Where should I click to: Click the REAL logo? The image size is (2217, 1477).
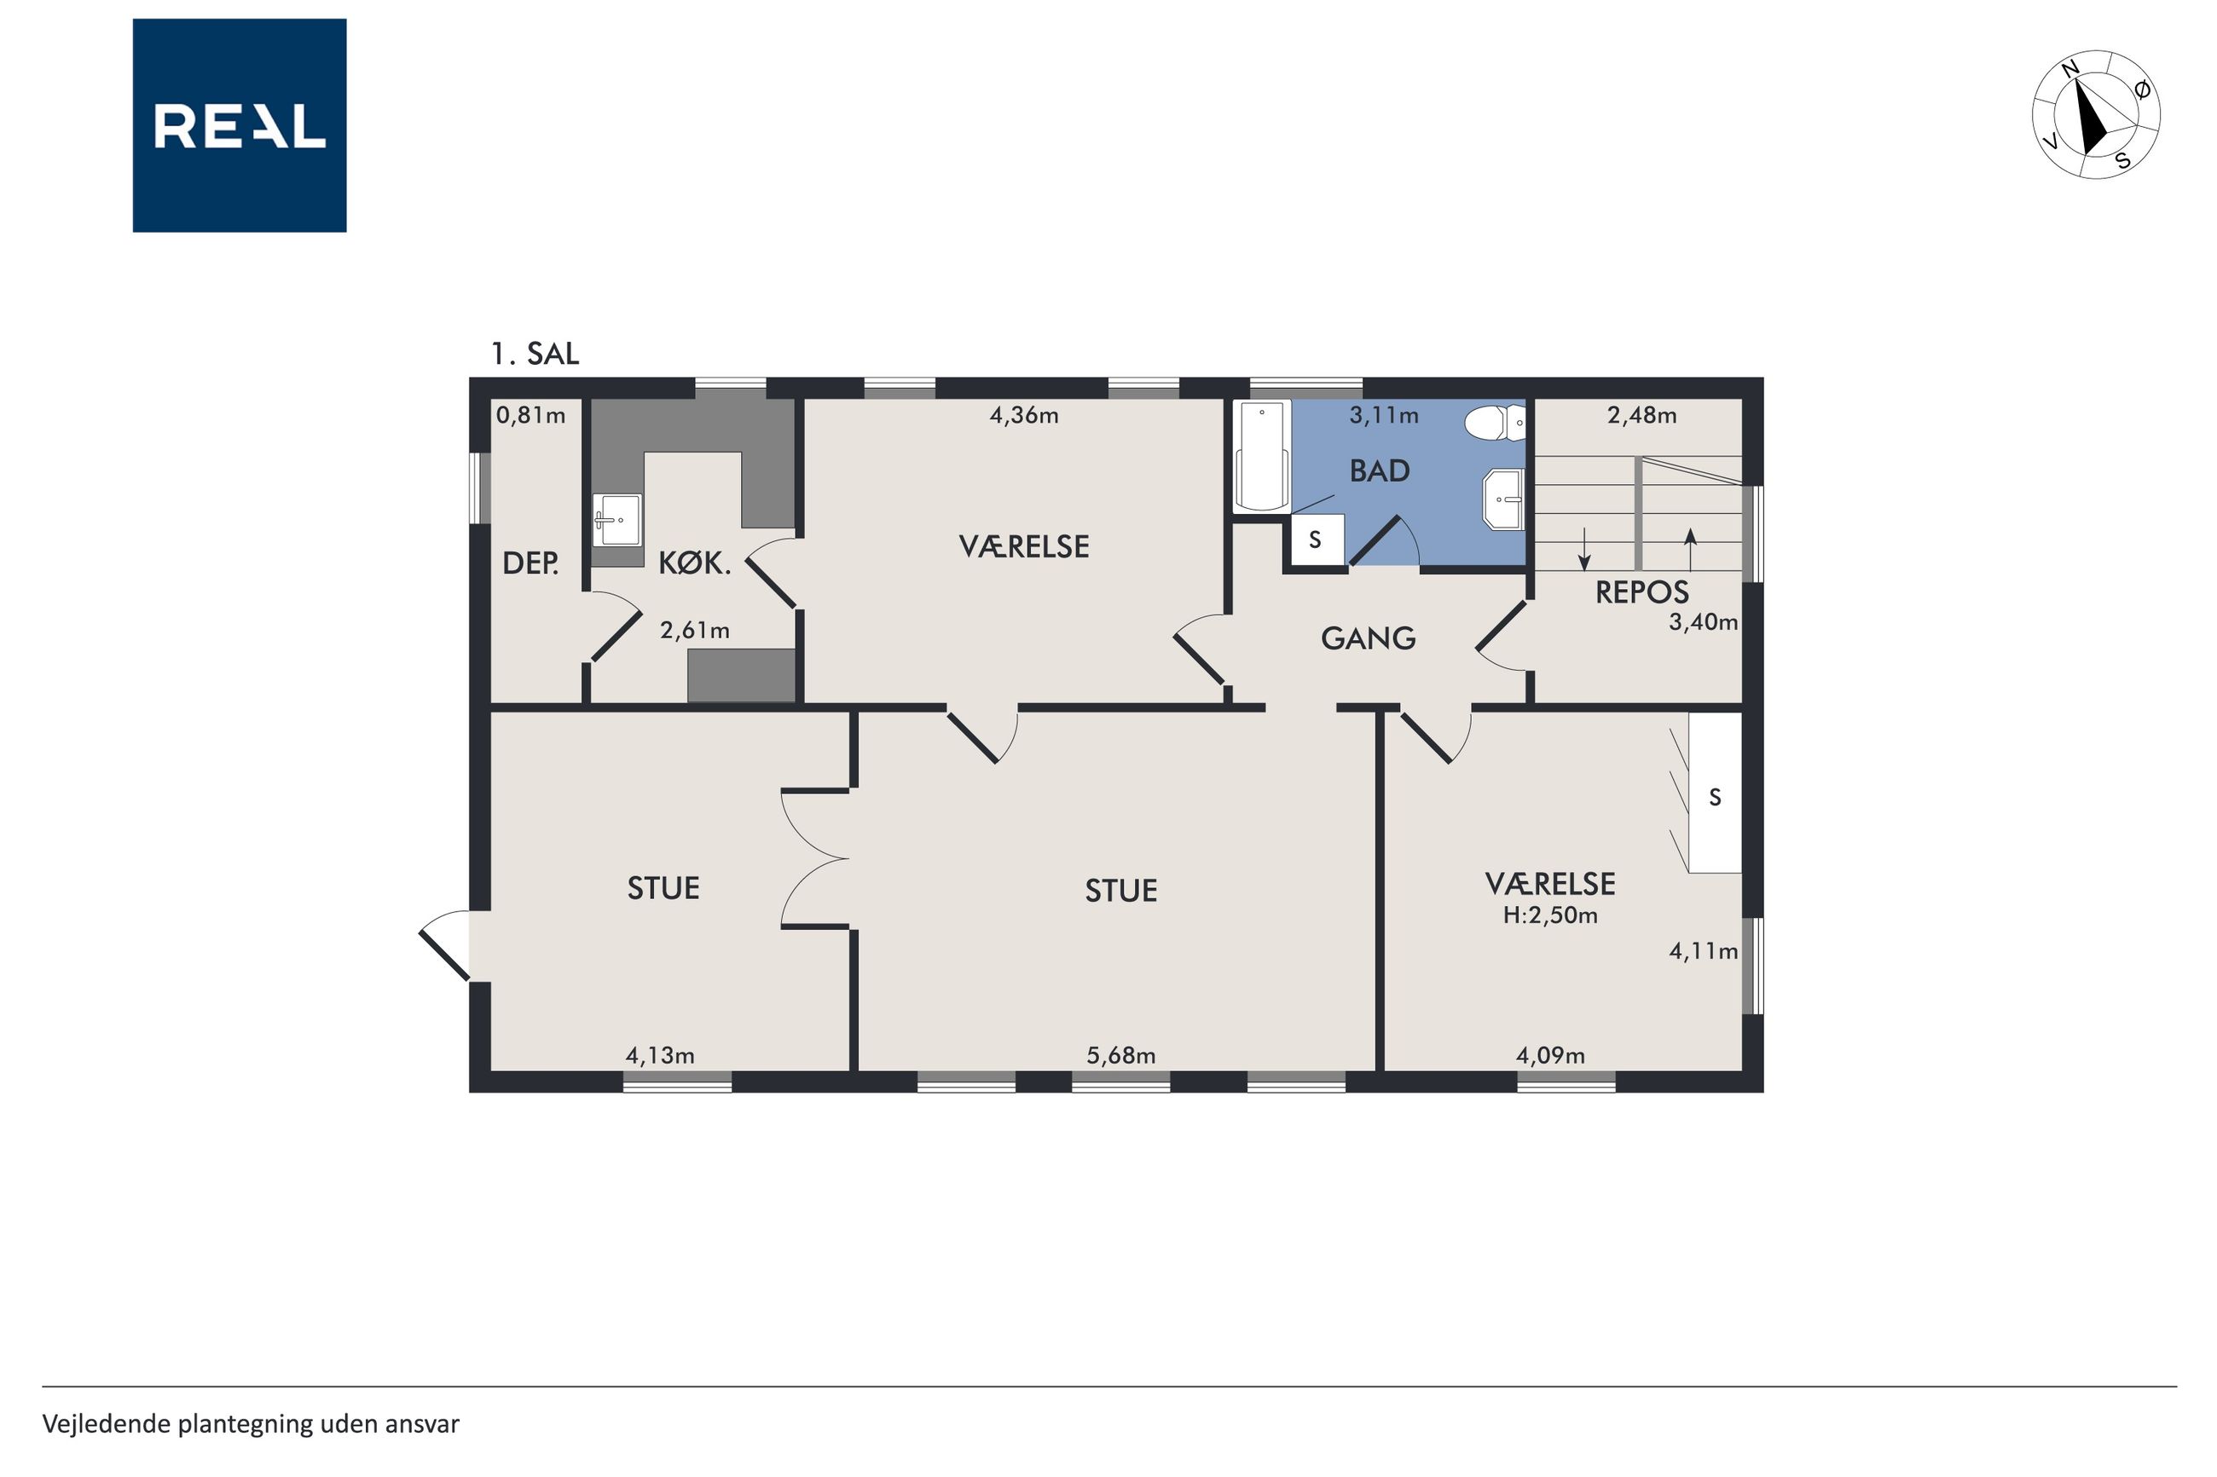[240, 125]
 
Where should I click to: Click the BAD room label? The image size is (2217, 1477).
[1380, 471]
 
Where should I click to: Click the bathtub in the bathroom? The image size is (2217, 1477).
[1262, 456]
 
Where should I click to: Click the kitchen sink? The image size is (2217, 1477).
[616, 520]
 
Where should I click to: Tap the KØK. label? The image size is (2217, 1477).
[694, 563]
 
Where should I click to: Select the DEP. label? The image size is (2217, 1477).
[530, 563]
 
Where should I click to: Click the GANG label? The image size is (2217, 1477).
[1368, 638]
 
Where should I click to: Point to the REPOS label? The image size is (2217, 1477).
[1642, 592]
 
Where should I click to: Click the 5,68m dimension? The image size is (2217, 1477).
[1121, 1056]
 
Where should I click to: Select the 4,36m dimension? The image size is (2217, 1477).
[1024, 415]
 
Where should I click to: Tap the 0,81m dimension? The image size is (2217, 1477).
[530, 415]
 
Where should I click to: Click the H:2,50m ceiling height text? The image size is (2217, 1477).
[1550, 915]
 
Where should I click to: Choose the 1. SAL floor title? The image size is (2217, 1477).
[535, 355]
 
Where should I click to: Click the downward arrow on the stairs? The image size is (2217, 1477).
[1585, 549]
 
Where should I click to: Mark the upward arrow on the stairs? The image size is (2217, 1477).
[1690, 550]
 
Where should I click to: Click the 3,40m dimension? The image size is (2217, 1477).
[1704, 621]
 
